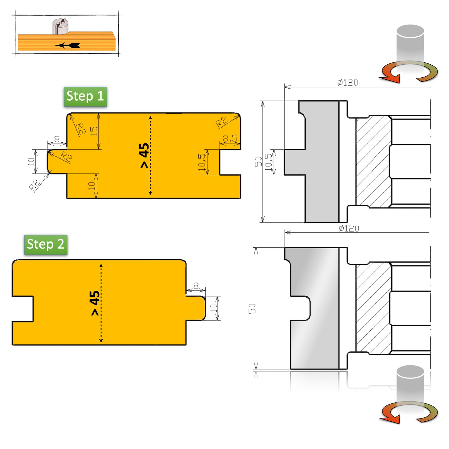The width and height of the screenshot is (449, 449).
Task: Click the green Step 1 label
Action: point(85,97)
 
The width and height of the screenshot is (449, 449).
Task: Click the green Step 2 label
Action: point(46,245)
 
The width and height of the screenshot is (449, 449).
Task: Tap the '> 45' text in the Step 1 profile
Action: point(144,155)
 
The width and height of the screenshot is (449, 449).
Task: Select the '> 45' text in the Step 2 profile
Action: point(95,303)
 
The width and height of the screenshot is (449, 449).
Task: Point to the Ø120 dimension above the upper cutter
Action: point(348,82)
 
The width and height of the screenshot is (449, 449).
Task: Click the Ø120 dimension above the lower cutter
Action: point(349,228)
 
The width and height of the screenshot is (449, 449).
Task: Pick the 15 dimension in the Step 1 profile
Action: point(94,131)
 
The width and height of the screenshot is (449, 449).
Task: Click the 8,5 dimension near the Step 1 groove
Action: point(230,138)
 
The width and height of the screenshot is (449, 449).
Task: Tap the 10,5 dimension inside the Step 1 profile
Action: point(202,162)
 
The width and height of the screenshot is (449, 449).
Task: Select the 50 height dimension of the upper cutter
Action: point(259,162)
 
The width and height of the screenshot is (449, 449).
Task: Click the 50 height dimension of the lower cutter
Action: point(252,309)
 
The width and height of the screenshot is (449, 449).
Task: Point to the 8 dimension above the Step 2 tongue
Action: point(196,286)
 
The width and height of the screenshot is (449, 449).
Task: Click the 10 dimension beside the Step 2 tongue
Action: point(213,308)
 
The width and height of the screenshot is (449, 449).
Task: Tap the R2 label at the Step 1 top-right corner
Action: point(221,121)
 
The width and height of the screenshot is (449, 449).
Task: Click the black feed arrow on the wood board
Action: point(68,45)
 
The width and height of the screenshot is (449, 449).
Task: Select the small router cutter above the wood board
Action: point(60,26)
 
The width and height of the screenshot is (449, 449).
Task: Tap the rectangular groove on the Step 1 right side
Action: point(230,162)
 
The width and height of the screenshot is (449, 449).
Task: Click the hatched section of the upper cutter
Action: point(373,162)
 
